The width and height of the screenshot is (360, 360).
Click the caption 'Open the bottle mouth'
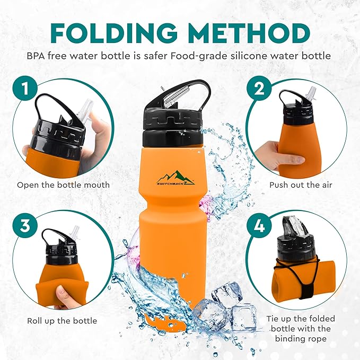click(63, 185)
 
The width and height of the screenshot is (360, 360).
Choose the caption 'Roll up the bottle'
click(62, 321)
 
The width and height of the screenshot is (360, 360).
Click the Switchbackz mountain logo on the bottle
click(174, 175)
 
